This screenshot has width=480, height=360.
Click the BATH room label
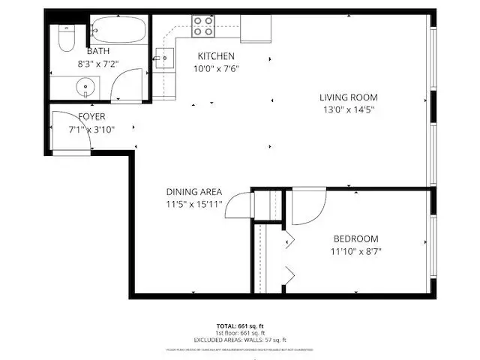click(x=97, y=51)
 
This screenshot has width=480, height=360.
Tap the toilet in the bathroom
click(x=65, y=37)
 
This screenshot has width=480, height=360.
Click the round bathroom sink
click(x=85, y=87)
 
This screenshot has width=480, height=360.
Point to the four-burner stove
click(x=202, y=26)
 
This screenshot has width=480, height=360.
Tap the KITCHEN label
click(x=216, y=56)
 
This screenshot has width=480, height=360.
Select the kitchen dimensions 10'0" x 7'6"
click(x=216, y=69)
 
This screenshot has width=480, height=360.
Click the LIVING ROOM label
click(x=348, y=97)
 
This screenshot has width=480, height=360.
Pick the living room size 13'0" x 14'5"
click(x=348, y=109)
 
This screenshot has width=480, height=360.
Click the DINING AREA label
click(x=194, y=191)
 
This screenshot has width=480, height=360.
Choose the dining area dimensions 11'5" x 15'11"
click(x=194, y=204)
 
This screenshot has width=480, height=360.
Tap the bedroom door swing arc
click(x=307, y=208)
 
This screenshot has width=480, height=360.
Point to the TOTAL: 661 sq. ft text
click(x=240, y=325)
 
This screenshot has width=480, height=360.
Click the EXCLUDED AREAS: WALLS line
click(x=240, y=338)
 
